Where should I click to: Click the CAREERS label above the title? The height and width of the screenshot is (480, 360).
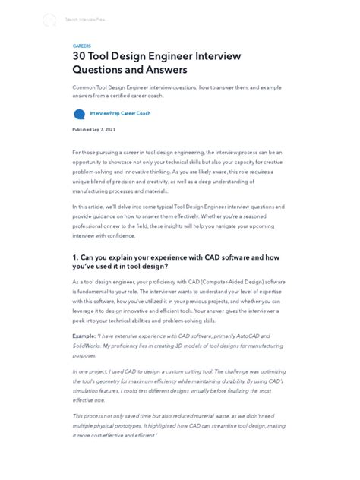81,46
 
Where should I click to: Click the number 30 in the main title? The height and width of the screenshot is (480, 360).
81,56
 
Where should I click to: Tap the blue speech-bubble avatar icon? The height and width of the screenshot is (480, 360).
79,115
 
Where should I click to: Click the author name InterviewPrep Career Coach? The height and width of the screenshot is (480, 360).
120,113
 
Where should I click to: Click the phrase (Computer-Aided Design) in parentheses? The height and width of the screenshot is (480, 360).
230,282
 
